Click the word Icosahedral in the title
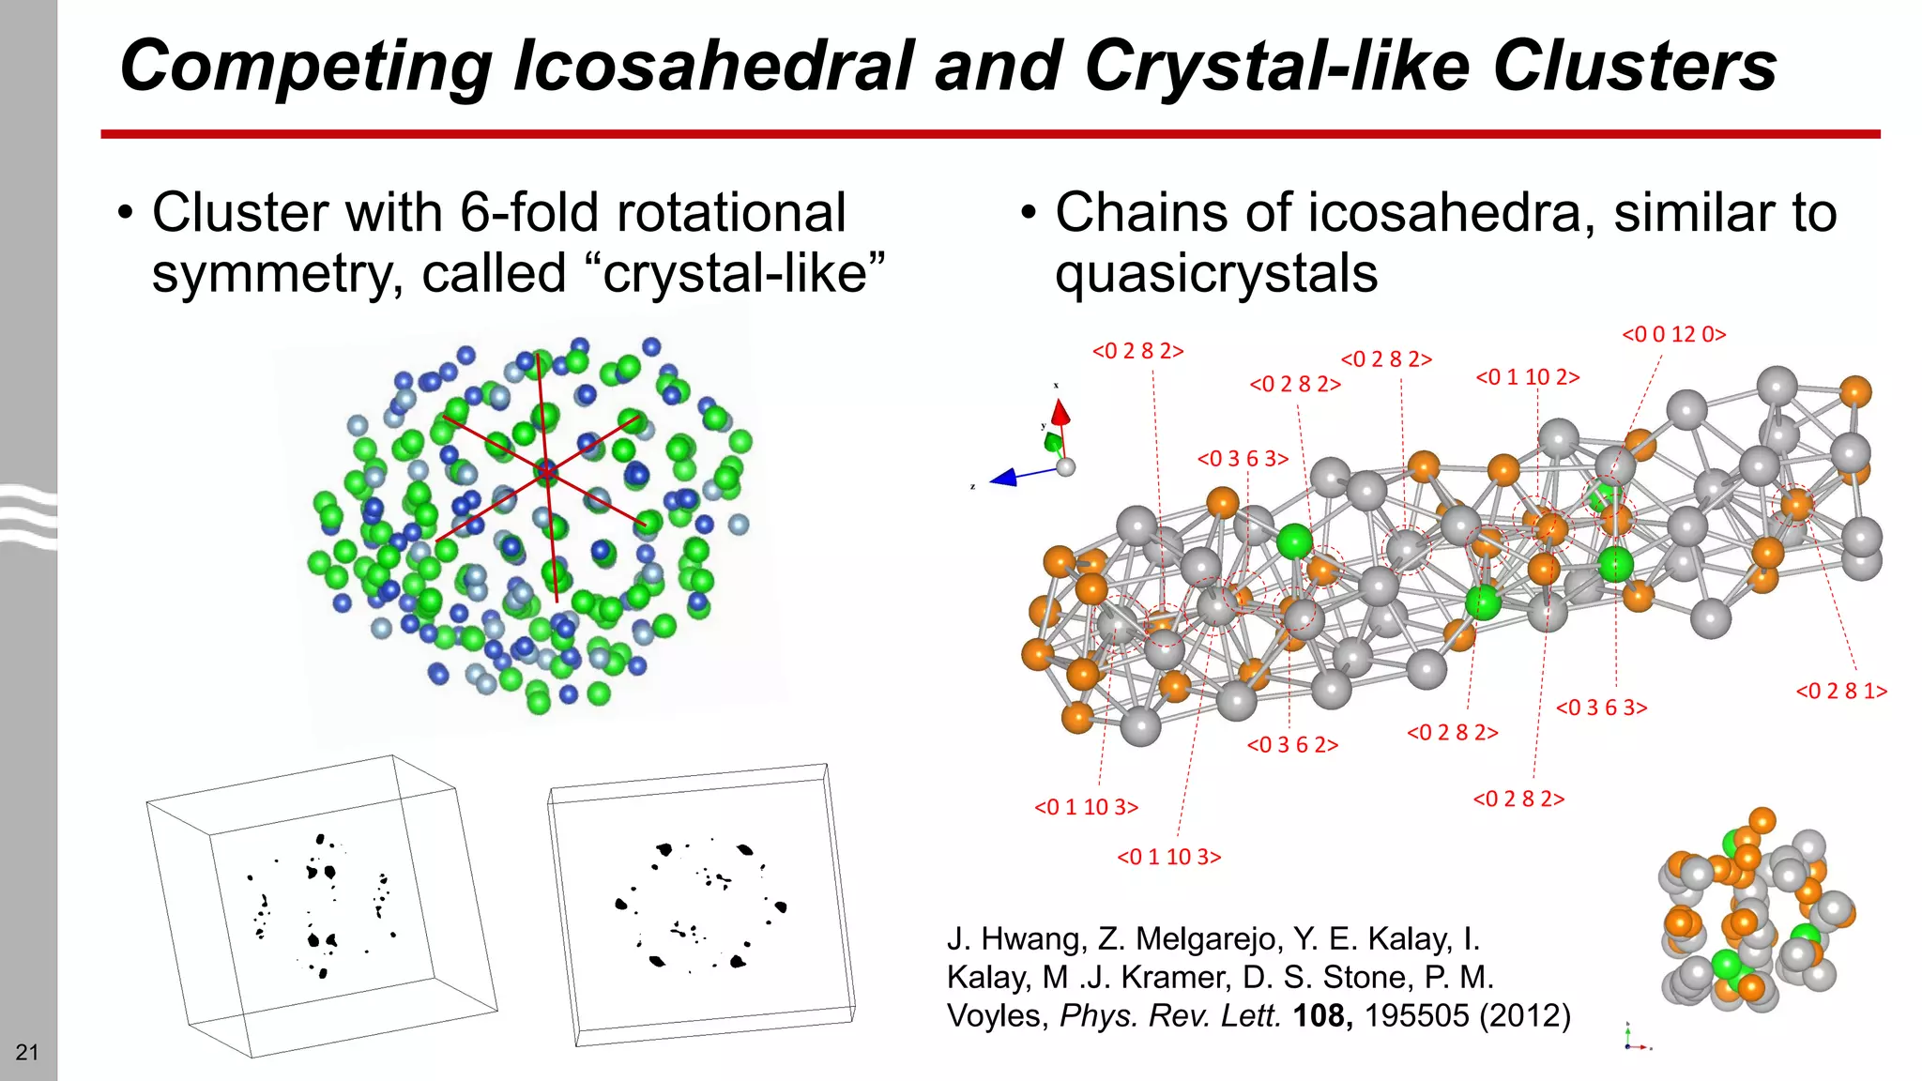pos(713,66)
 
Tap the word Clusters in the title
pos(1634,66)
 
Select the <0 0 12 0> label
pos(1673,334)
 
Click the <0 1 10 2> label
pos(1527,377)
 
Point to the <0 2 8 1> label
pos(1840,692)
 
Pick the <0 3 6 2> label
pos(1291,745)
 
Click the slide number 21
pos(27,1052)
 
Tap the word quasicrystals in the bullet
pos(1216,274)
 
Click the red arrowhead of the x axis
pos(1060,412)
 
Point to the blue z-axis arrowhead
pos(1003,478)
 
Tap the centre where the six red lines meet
pos(546,472)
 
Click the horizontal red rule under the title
pos(990,134)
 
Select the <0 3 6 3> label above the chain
pos(1243,459)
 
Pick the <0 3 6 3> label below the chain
pos(1601,708)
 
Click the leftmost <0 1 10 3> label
pos(1086,807)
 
